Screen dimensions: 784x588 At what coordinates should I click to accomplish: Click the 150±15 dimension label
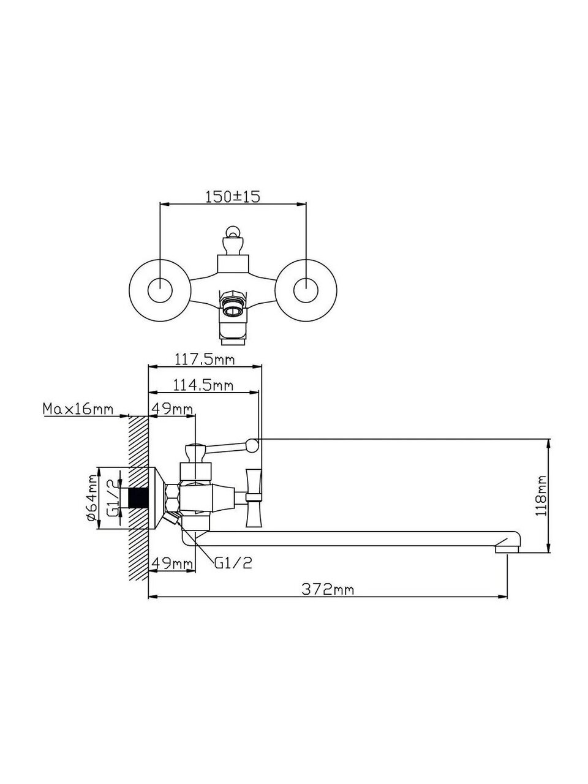(x=232, y=197)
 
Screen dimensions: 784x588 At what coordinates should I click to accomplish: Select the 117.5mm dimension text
(x=205, y=360)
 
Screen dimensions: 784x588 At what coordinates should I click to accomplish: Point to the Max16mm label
(x=77, y=409)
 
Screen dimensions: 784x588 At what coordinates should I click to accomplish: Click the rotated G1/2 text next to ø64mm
(x=111, y=497)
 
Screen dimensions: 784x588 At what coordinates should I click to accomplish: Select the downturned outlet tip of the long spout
(x=508, y=546)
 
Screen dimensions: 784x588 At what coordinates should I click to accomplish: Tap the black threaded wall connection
(x=140, y=498)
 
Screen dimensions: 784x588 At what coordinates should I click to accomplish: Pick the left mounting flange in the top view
(x=159, y=290)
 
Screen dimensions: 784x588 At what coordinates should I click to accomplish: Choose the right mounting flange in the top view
(x=305, y=290)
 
